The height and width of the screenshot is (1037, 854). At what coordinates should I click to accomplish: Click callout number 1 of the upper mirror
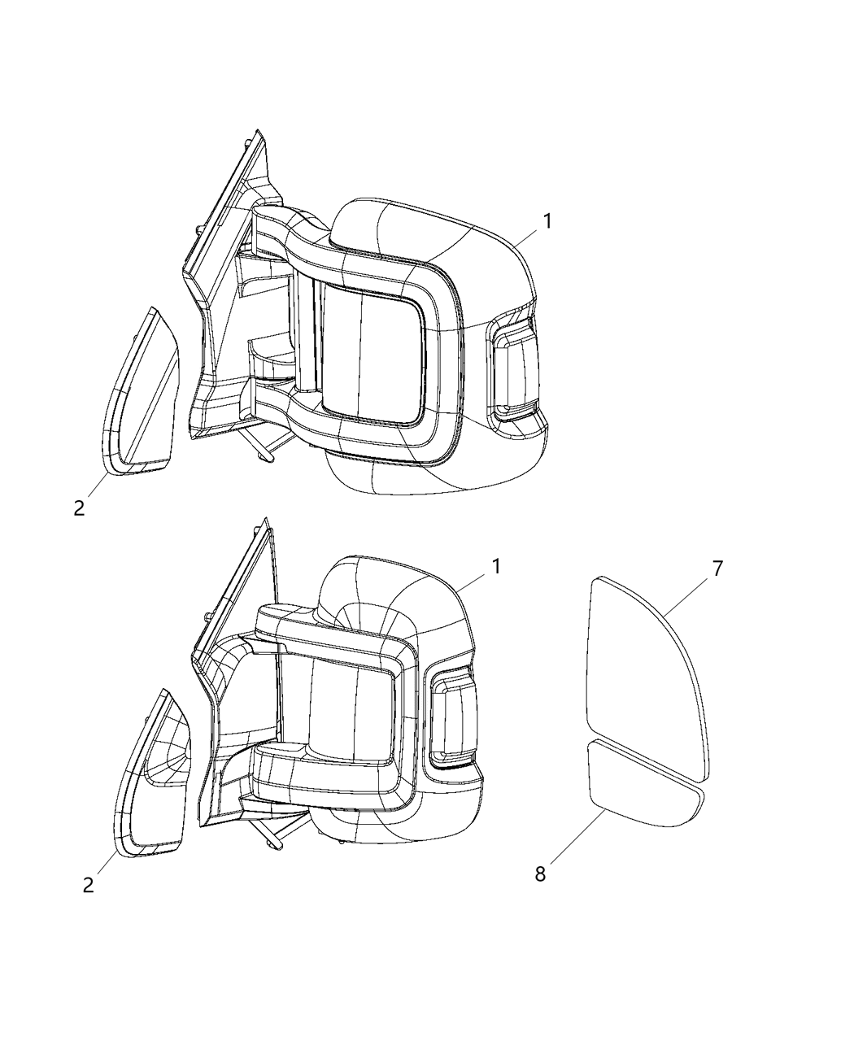click(x=547, y=221)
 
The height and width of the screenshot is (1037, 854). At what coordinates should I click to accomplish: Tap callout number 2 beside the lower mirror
click(x=88, y=884)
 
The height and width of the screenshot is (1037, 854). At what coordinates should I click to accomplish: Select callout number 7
click(x=717, y=569)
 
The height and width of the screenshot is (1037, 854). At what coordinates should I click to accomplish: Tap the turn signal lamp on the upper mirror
click(x=515, y=370)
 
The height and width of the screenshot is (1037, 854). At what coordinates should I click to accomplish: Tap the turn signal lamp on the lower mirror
click(x=450, y=720)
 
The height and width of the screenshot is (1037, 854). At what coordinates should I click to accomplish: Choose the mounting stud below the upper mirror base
click(x=264, y=451)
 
